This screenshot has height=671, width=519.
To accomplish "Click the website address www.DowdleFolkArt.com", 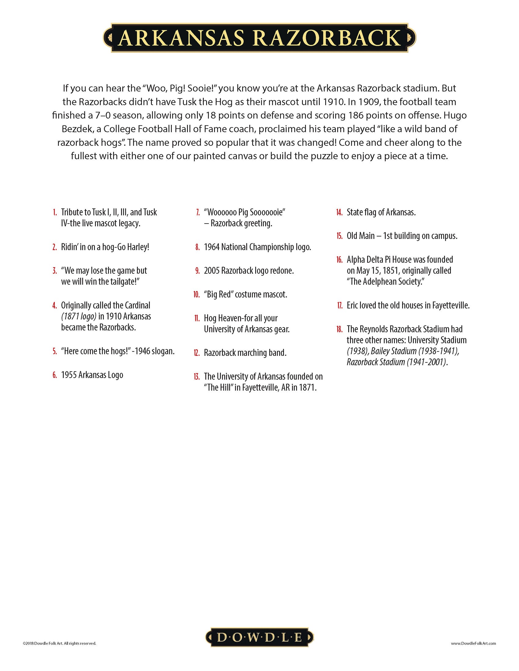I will tap(473, 643).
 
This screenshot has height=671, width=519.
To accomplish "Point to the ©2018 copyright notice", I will tap(60, 643).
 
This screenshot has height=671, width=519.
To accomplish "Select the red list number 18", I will tap(339, 329).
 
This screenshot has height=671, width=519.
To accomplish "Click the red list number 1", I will tap(55, 212).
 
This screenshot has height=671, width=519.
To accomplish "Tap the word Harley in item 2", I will tap(137, 247).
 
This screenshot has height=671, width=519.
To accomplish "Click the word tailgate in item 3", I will tap(122, 282).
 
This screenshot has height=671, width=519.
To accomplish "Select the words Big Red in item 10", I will tap(220, 294).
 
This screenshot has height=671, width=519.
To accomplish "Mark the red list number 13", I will tap(197, 377).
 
